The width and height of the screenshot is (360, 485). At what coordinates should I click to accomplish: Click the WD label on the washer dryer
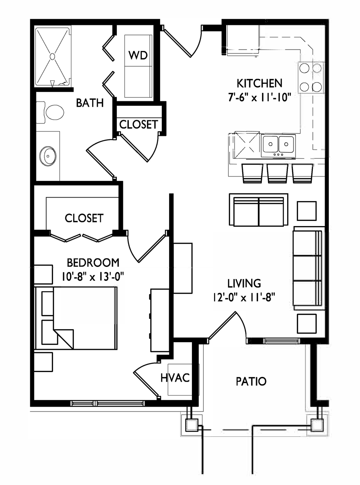pyautogui.click(x=138, y=55)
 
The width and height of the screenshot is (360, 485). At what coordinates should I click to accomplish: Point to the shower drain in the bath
pyautogui.click(x=52, y=57)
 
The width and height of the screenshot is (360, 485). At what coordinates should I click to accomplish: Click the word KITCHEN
pyautogui.click(x=260, y=83)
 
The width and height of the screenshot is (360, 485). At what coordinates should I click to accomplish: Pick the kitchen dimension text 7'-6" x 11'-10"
pyautogui.click(x=260, y=97)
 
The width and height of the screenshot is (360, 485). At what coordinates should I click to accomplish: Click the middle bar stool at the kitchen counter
pyautogui.click(x=278, y=173)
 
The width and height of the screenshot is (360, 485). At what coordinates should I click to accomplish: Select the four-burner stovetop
pyautogui.click(x=310, y=78)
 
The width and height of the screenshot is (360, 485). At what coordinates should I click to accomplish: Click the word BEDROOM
pyautogui.click(x=93, y=263)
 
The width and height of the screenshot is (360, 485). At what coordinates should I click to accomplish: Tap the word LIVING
pyautogui.click(x=244, y=283)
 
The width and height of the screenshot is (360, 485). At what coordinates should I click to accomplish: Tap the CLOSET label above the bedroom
pyautogui.click(x=84, y=218)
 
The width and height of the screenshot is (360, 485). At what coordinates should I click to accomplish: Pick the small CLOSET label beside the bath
pyautogui.click(x=138, y=125)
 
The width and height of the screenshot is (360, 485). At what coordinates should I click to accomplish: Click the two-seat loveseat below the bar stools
pyautogui.click(x=258, y=210)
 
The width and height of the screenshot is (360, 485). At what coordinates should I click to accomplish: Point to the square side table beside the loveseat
pyautogui.click(x=307, y=211)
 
